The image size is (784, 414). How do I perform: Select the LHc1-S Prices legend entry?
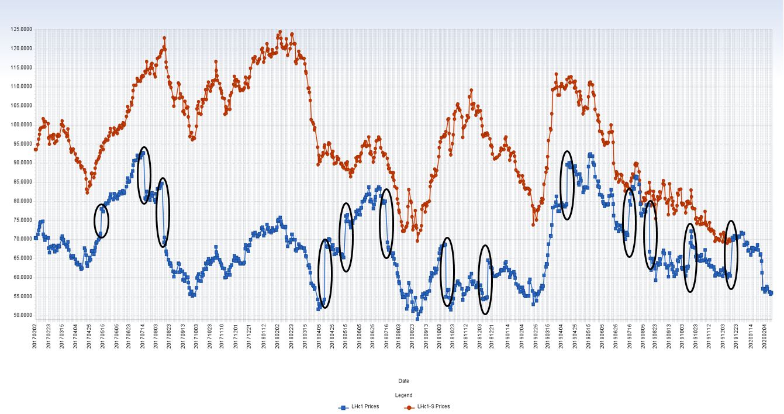click(433, 406)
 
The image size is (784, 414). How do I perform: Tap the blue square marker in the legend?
click(343, 407)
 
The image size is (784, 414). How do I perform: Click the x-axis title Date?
click(403, 381)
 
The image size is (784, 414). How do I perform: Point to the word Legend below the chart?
click(403, 395)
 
